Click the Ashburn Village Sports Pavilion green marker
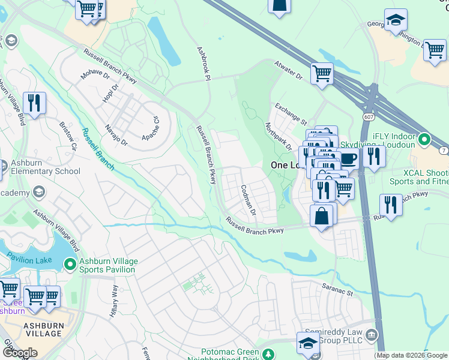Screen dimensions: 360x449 [70, 264]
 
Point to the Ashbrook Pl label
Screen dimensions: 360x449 [204, 63]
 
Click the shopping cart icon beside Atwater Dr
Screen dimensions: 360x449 [322, 73]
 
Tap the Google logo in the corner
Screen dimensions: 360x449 [19, 352]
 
